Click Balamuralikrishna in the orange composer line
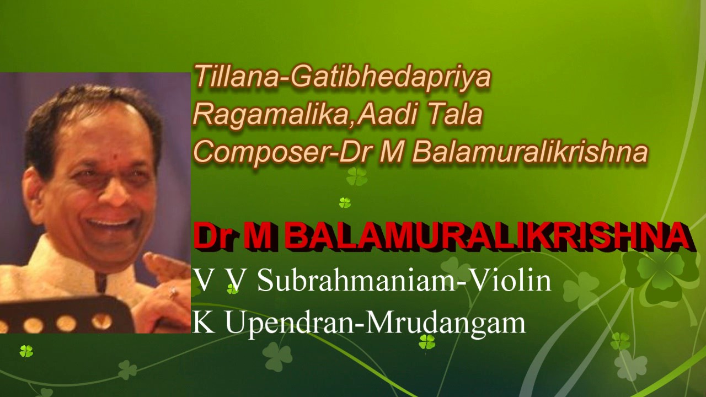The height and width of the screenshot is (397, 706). click(x=529, y=152)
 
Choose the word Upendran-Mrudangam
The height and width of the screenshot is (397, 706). click(x=375, y=322)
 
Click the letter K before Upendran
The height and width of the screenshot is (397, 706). click(x=204, y=322)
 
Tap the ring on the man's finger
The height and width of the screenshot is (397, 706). click(x=173, y=293)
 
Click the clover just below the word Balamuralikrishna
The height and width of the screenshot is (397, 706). click(x=357, y=176)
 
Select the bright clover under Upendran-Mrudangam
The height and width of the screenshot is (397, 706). click(x=426, y=342)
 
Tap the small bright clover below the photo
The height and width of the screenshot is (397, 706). click(x=26, y=351)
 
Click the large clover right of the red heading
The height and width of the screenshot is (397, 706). click(x=660, y=273)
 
